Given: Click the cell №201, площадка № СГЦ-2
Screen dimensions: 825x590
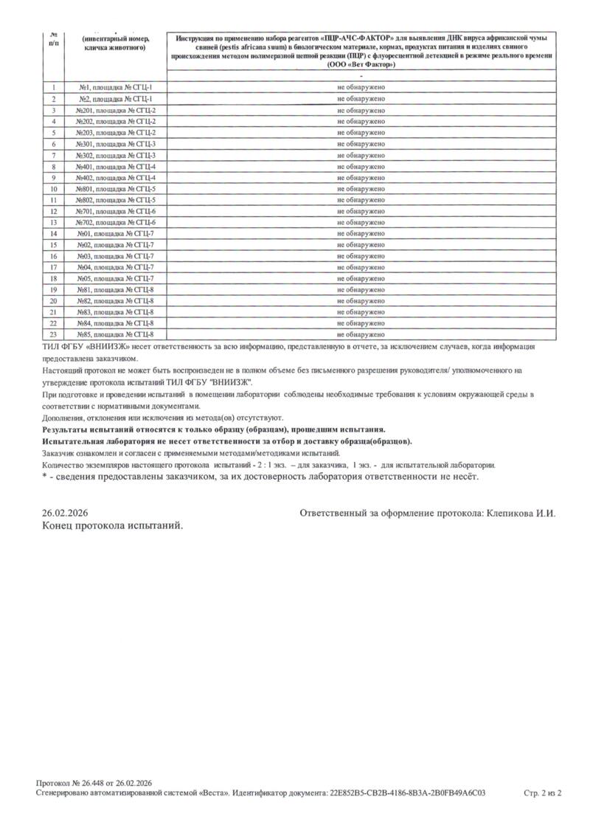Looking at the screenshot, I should pyautogui.click(x=115, y=110).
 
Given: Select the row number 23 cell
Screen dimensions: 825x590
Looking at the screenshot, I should pyautogui.click(x=54, y=334).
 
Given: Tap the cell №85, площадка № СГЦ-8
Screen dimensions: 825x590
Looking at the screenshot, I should pyautogui.click(x=115, y=334).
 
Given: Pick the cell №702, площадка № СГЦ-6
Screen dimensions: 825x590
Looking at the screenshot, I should pyautogui.click(x=115, y=222).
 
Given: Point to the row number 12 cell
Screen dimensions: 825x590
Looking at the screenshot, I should pyautogui.click(x=54, y=211).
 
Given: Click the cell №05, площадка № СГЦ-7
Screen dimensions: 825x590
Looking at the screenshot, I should pyautogui.click(x=115, y=278).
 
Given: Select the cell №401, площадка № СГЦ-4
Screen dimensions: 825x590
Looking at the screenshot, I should pyautogui.click(x=115, y=166).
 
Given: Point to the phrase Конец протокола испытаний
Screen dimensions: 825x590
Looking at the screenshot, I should pyautogui.click(x=111, y=525).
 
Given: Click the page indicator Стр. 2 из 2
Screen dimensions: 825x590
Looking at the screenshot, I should pyautogui.click(x=542, y=793).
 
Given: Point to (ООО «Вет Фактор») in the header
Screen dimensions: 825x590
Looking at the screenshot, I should pyautogui.click(x=361, y=65).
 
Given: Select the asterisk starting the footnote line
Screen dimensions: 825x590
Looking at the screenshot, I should pyautogui.click(x=44, y=476).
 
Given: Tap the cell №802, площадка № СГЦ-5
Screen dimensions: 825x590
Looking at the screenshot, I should pyautogui.click(x=115, y=200).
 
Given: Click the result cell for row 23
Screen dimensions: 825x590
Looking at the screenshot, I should pyautogui.click(x=361, y=334).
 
